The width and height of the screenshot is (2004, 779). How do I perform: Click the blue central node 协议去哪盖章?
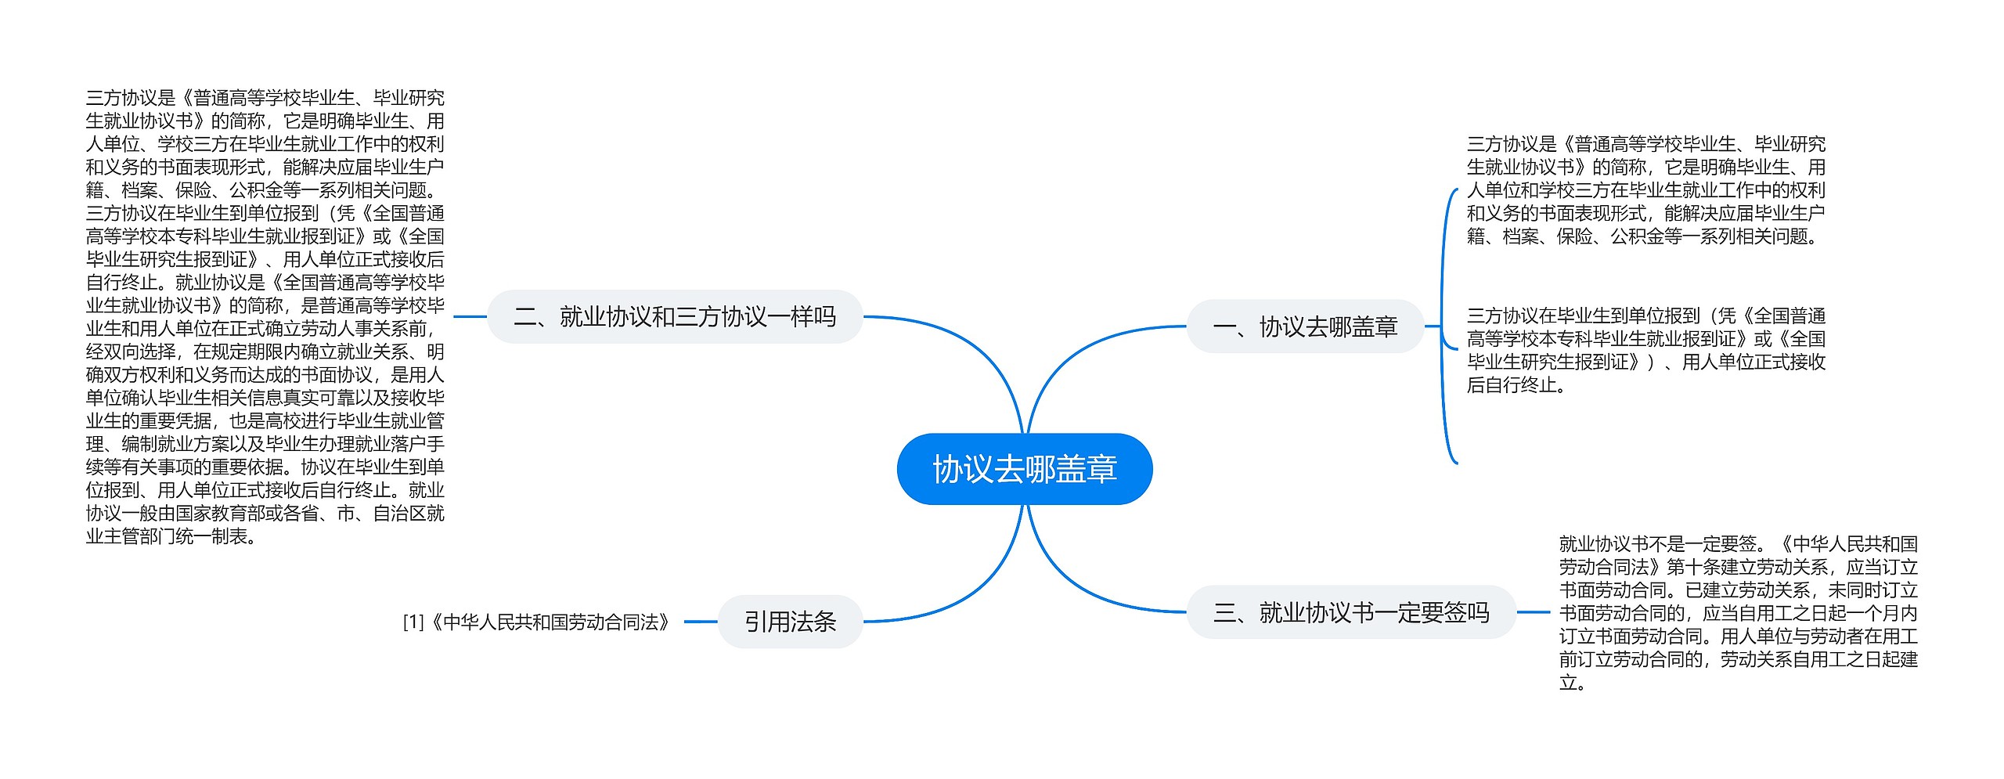pyautogui.click(x=1024, y=469)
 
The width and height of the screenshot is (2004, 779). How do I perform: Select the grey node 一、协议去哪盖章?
pyautogui.click(x=1304, y=326)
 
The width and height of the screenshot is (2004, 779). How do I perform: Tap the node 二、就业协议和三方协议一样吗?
pyautogui.click(x=674, y=316)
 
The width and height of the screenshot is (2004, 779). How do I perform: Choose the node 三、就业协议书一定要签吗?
pyautogui.click(x=1350, y=612)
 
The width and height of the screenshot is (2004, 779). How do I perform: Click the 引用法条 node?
pyautogui.click(x=790, y=622)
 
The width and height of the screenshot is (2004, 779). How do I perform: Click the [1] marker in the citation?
pyautogui.click(x=413, y=622)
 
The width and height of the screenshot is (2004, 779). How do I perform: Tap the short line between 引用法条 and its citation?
pyautogui.click(x=701, y=622)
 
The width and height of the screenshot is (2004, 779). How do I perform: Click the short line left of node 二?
pyautogui.click(x=470, y=316)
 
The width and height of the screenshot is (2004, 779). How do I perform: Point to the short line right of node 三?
pyautogui.click(x=1533, y=612)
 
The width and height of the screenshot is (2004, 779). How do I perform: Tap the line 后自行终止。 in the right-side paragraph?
pyautogui.click(x=1516, y=385)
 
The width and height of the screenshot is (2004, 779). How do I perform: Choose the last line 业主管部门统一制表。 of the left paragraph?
pyautogui.click(x=171, y=536)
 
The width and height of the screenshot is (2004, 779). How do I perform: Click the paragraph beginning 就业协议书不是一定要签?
pyautogui.click(x=1738, y=612)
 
